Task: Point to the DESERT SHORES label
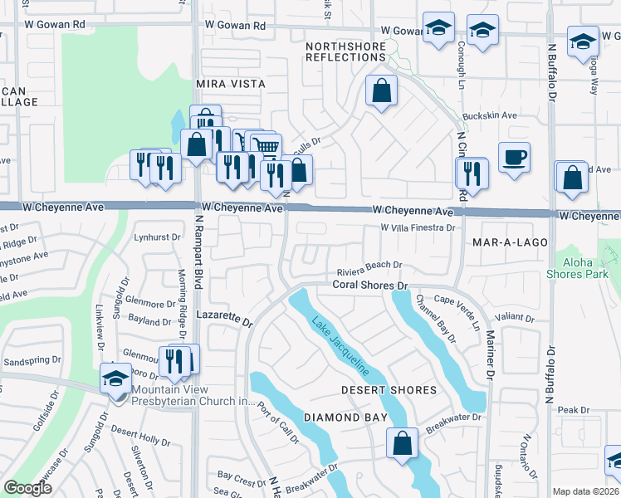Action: [x=389, y=390]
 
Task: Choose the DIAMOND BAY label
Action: [x=335, y=417]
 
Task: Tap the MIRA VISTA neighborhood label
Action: [x=230, y=85]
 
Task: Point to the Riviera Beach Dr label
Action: [x=369, y=266]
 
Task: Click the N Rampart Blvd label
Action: [x=198, y=249]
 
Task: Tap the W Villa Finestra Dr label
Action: [x=418, y=227]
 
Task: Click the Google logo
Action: [x=27, y=488]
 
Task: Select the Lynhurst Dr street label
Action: [x=157, y=237]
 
